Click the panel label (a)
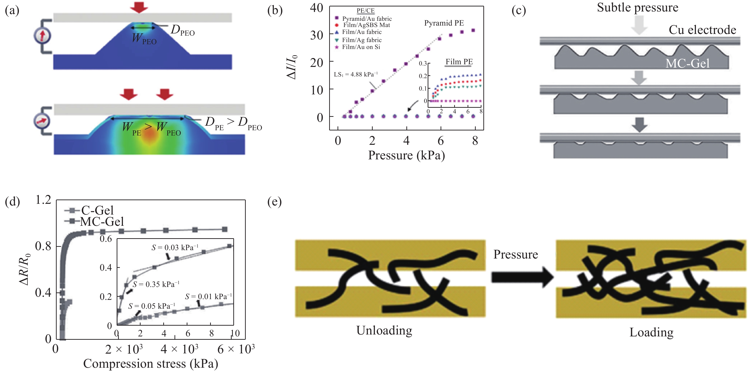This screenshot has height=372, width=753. pyautogui.click(x=12, y=11)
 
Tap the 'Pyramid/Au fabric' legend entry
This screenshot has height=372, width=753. pyautogui.click(x=363, y=18)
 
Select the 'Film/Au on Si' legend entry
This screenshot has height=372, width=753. pyautogui.click(x=358, y=47)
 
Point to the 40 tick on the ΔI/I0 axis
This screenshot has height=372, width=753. pyautogui.click(x=316, y=8)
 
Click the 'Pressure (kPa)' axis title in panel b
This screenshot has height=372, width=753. pyautogui.click(x=406, y=155)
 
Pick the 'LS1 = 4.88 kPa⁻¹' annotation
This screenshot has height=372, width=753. pyautogui.click(x=356, y=74)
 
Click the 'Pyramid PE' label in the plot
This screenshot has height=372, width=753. pyautogui.click(x=444, y=23)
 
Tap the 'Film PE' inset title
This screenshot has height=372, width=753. pyautogui.click(x=459, y=62)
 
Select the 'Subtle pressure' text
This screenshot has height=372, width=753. pyautogui.click(x=637, y=7)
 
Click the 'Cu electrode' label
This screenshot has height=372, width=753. pyautogui.click(x=702, y=30)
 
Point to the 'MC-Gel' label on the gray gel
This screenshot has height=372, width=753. pyautogui.click(x=687, y=63)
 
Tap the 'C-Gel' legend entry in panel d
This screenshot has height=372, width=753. pyautogui.click(x=89, y=210)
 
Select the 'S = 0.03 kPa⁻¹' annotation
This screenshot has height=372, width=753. pyautogui.click(x=175, y=248)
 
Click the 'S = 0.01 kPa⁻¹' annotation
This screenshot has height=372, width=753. pyautogui.click(x=208, y=297)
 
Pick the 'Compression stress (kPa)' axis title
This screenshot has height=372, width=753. pyautogui.click(x=151, y=364)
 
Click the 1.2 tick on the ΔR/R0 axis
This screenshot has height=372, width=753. pyautogui.click(x=43, y=200)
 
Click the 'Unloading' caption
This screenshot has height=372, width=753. pyautogui.click(x=384, y=330)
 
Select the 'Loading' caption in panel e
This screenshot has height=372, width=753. pyautogui.click(x=651, y=333)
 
